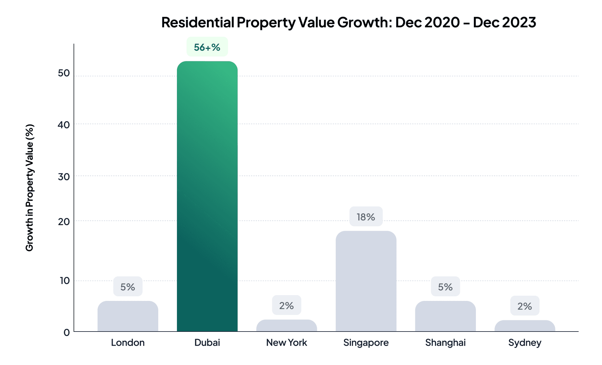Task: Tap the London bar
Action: (x=128, y=316)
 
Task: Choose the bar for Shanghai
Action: (x=445, y=316)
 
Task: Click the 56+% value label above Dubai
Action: (x=207, y=47)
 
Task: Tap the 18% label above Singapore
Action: (x=366, y=217)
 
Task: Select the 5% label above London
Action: (x=128, y=287)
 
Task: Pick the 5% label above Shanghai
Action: (x=445, y=287)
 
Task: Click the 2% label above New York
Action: (x=287, y=305)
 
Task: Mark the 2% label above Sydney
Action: (x=525, y=306)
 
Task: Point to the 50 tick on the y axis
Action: (x=64, y=73)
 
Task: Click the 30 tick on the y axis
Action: (x=64, y=176)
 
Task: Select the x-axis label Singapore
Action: (x=366, y=342)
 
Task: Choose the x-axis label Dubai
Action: (x=207, y=342)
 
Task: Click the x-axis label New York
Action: (x=287, y=342)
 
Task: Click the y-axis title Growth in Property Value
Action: (x=30, y=188)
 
